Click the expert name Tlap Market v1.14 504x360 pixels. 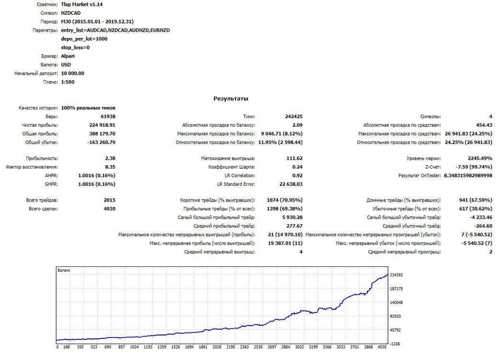(82, 4)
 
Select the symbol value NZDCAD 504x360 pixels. (70, 13)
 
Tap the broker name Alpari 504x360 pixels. (68, 56)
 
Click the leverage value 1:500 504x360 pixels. (68, 82)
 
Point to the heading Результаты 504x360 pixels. (231, 99)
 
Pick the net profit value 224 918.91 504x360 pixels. (102, 125)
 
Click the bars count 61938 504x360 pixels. (108, 117)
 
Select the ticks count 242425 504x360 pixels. (294, 117)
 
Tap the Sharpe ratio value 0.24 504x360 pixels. (297, 167)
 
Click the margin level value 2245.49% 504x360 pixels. (480, 158)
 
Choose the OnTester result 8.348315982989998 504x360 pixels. (468, 176)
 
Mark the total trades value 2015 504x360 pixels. (109, 200)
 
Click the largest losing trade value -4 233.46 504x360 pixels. (481, 217)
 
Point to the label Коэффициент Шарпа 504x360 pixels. (232, 167)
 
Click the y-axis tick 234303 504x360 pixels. (396, 275)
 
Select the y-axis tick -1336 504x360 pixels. (395, 344)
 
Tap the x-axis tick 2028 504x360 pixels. (217, 347)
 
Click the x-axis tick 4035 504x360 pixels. (382, 347)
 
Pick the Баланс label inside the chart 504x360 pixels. (64, 270)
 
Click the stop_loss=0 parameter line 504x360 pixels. (75, 48)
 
